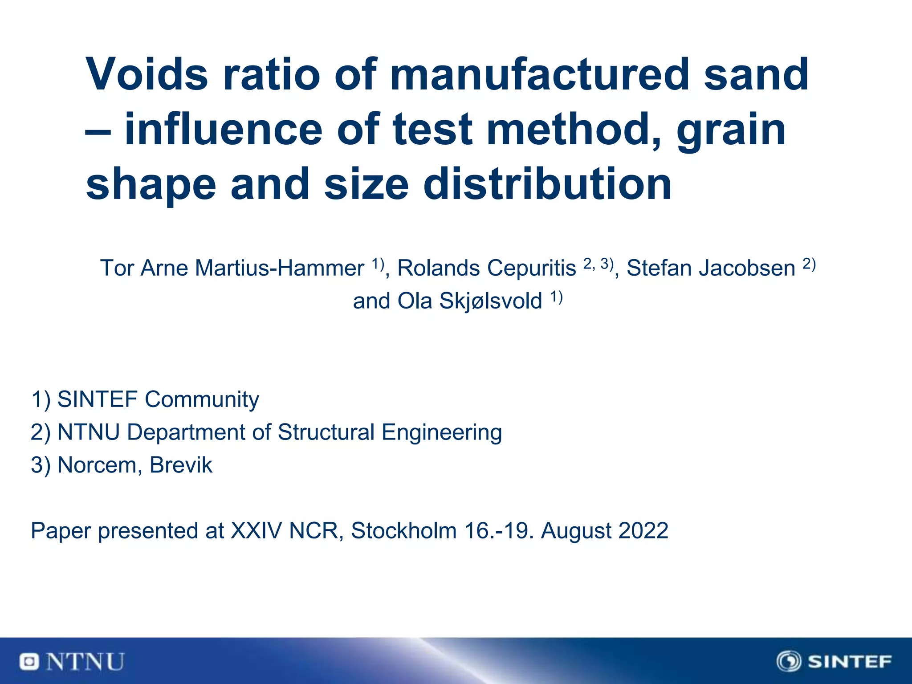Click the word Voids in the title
147,74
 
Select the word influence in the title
223,130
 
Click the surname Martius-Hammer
280,268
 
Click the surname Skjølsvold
491,301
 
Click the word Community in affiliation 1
202,399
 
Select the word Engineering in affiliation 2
442,432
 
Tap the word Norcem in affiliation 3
99,465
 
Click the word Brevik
181,465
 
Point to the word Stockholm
403,531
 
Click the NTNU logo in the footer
72,662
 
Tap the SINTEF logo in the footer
834,661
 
